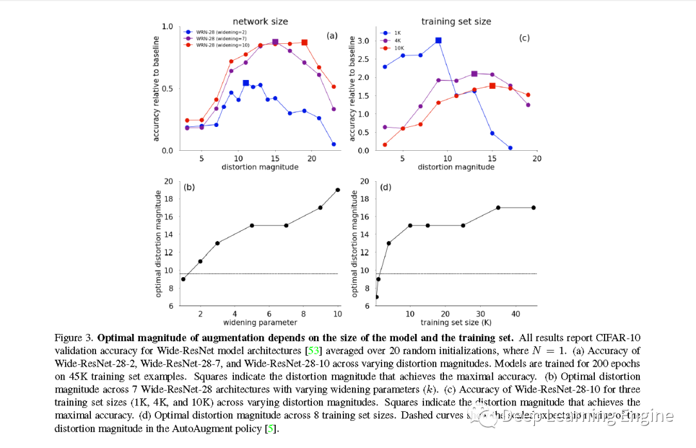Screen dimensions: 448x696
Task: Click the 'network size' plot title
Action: [x=260, y=21]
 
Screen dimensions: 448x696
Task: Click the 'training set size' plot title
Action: [x=456, y=21]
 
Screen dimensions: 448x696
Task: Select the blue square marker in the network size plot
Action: [x=246, y=83]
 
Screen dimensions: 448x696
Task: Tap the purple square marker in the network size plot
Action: [x=275, y=43]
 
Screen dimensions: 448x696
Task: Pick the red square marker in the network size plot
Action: [x=304, y=43]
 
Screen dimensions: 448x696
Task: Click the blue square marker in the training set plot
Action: [x=438, y=40]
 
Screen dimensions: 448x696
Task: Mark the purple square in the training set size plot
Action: [x=474, y=74]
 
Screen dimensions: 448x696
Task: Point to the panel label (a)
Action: [x=332, y=35]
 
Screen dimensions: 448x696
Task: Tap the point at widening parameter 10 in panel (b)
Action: [x=338, y=190]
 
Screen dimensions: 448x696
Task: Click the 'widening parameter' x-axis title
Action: [x=260, y=322]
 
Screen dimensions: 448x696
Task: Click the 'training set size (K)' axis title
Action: [x=456, y=322]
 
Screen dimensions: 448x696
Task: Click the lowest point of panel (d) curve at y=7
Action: [x=376, y=297]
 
